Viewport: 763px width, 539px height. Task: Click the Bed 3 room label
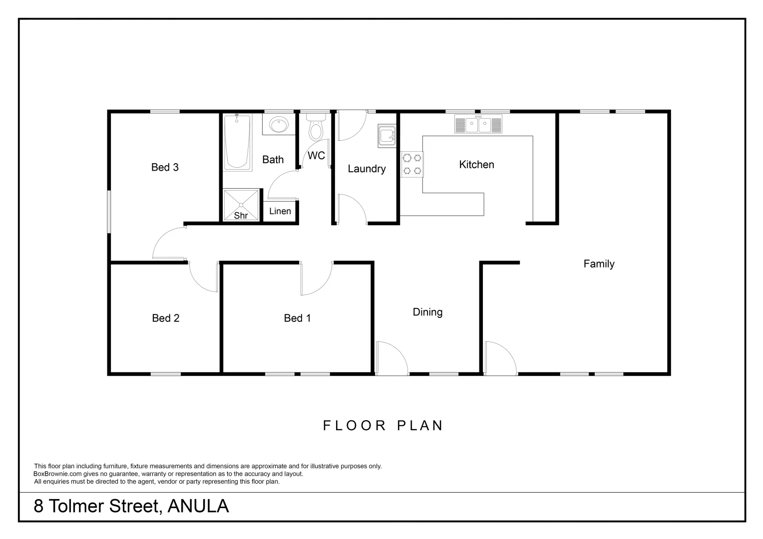(x=165, y=167)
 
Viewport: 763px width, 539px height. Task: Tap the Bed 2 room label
(x=165, y=318)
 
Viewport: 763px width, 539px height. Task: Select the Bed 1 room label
(x=297, y=318)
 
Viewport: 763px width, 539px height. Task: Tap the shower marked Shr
(x=241, y=205)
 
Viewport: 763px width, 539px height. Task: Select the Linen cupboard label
(x=280, y=211)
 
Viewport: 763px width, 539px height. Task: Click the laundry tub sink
(x=387, y=135)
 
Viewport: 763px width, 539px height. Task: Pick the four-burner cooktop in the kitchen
(x=412, y=165)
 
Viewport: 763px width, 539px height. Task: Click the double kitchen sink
(x=478, y=125)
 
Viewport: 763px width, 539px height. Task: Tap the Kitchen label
(x=476, y=165)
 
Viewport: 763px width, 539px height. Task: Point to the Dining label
(x=427, y=312)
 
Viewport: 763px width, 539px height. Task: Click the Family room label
(x=599, y=264)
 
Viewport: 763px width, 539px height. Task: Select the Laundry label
(x=367, y=169)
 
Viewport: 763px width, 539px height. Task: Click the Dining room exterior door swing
(x=392, y=357)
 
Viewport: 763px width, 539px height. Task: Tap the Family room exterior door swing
(x=500, y=357)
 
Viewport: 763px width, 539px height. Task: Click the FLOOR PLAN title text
(x=383, y=425)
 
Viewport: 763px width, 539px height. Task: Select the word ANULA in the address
(x=198, y=506)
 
